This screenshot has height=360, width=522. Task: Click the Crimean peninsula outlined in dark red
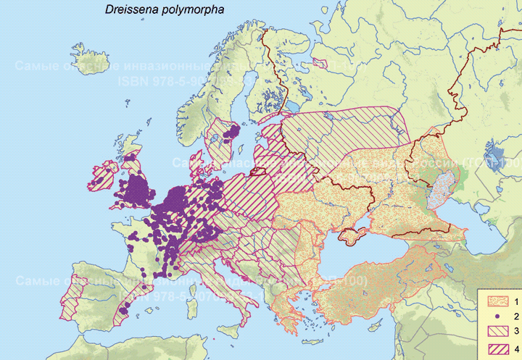pos(352,235)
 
